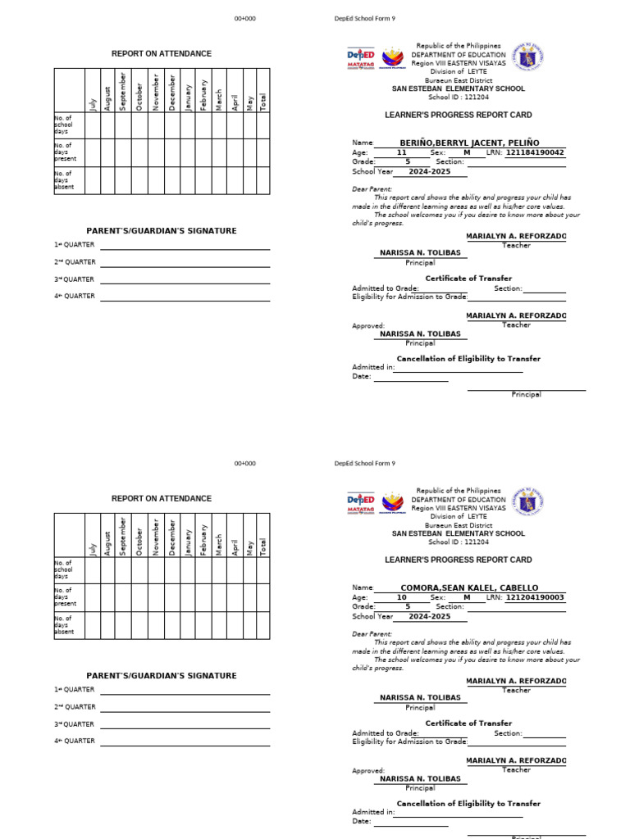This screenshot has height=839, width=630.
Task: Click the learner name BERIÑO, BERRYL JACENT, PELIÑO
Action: (469, 143)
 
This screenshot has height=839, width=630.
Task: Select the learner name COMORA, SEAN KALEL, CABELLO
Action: (469, 587)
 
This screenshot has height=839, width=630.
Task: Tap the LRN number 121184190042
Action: (535, 152)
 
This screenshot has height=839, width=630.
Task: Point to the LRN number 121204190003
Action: (535, 597)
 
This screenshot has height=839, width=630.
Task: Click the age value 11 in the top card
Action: (401, 152)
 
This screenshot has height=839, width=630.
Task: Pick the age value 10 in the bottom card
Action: (401, 597)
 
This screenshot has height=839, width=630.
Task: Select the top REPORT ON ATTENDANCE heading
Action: (162, 53)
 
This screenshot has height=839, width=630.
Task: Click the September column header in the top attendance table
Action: (123, 90)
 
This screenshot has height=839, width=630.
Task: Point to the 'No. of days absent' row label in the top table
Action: (64, 180)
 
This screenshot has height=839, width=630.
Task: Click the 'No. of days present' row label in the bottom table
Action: (64, 597)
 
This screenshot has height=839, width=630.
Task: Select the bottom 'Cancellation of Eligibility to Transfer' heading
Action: (468, 804)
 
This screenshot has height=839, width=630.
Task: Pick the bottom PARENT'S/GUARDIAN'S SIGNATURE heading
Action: (162, 676)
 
